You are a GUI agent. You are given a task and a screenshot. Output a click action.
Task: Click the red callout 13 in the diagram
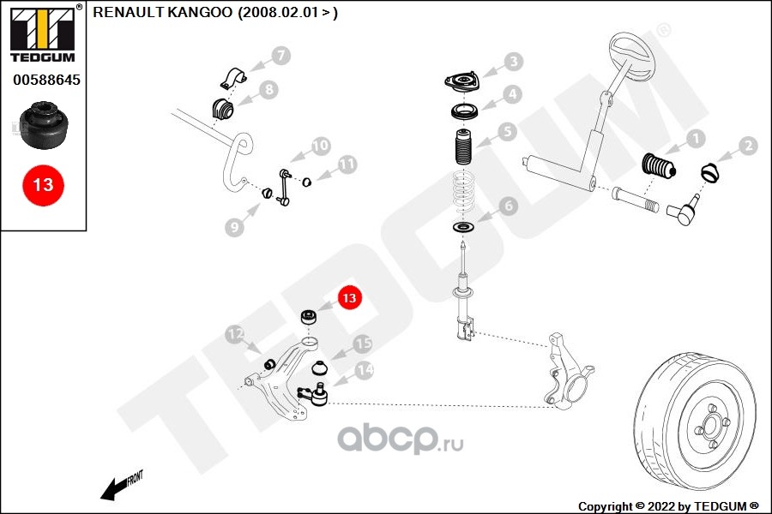click(x=348, y=298)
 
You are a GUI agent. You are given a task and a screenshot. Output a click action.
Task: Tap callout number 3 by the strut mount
click(x=513, y=62)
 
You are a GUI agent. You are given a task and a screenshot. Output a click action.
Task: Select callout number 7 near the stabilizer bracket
click(x=280, y=57)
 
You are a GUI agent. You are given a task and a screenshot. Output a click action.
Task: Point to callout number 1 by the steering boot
click(x=696, y=137)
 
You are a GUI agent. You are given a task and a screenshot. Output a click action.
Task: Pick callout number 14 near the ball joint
click(x=365, y=370)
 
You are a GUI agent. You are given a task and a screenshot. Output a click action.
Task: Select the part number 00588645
click(x=45, y=81)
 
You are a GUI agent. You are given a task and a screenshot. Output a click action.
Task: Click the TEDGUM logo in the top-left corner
click(x=44, y=33)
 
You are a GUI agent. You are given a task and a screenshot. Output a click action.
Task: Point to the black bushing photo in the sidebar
click(x=45, y=126)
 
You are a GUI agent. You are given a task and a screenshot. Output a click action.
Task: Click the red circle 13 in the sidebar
click(x=43, y=184)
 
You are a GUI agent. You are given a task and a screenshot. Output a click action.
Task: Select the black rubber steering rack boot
click(x=659, y=164)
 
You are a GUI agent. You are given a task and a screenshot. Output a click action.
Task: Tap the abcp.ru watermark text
click(x=400, y=439)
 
